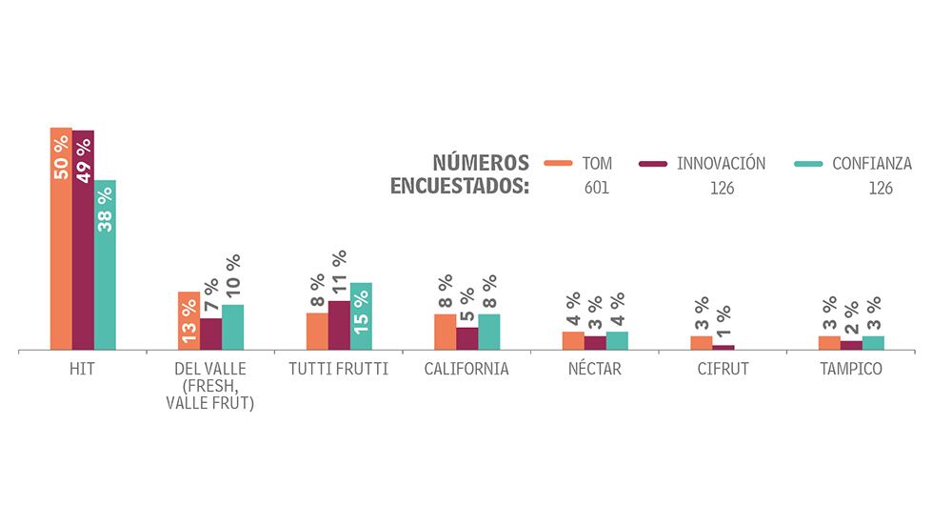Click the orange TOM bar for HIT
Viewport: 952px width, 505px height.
click(61, 238)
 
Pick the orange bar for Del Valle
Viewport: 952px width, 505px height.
click(188, 321)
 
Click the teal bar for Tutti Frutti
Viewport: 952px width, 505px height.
click(361, 316)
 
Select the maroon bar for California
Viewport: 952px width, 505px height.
click(466, 339)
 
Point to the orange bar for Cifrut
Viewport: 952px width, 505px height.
click(701, 343)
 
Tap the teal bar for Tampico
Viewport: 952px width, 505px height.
click(873, 343)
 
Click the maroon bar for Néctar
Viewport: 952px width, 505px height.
click(595, 343)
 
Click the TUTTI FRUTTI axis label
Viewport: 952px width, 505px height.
click(338, 370)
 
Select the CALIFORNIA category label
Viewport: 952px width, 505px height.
click(466, 370)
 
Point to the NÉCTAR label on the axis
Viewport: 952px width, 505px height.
click(595, 370)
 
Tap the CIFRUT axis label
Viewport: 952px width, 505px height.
click(723, 370)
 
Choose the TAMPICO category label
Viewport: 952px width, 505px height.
click(851, 370)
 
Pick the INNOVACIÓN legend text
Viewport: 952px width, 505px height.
click(721, 164)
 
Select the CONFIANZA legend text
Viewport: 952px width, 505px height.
click(871, 164)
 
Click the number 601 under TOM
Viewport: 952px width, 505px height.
click(597, 188)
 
